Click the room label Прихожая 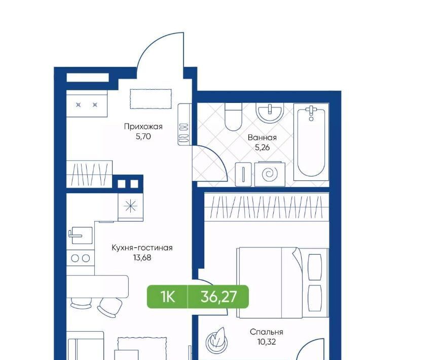pyautogui.click(x=143, y=127)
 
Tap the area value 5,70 pyautogui.click(x=143, y=136)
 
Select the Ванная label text pyautogui.click(x=262, y=137)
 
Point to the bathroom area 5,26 pyautogui.click(x=262, y=147)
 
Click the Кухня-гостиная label pyautogui.click(x=142, y=248)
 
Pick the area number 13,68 pyautogui.click(x=142, y=258)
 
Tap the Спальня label pyautogui.click(x=267, y=332)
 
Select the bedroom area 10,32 pyautogui.click(x=267, y=342)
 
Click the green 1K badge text pyautogui.click(x=168, y=297)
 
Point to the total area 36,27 pyautogui.click(x=219, y=297)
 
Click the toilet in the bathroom pyautogui.click(x=234, y=117)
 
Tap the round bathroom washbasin pyautogui.click(x=270, y=113)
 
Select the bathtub pyautogui.click(x=311, y=142)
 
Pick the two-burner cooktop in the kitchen pyautogui.click(x=80, y=258)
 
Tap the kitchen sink pyautogui.click(x=80, y=235)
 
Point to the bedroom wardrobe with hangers pyautogui.click(x=267, y=207)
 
